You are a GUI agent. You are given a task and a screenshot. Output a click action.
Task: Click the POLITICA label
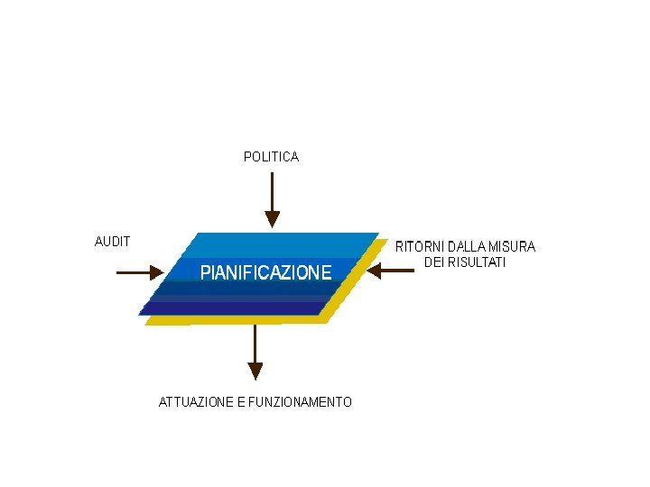[x=271, y=157]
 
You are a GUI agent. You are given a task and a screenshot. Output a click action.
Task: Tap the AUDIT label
[x=113, y=242]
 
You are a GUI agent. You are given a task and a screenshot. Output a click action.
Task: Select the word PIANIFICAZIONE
[x=265, y=271]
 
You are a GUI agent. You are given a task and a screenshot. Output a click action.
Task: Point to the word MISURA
[x=513, y=246]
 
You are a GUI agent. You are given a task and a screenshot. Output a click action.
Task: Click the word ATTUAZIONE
[x=196, y=402]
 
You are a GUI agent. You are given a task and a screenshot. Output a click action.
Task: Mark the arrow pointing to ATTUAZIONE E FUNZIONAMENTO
[x=255, y=347]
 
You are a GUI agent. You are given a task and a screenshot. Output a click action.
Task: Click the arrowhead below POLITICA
[x=272, y=219]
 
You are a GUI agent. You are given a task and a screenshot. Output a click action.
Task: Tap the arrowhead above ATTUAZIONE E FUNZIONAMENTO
[x=255, y=370]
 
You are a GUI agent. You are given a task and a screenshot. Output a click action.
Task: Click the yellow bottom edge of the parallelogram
[x=235, y=319]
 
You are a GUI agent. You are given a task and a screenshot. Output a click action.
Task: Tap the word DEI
[x=434, y=262]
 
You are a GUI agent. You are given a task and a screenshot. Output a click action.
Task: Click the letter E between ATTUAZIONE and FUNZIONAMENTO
[x=241, y=402]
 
